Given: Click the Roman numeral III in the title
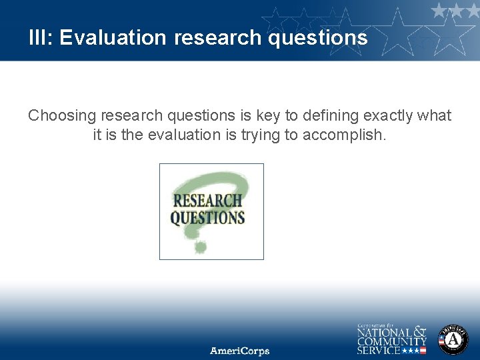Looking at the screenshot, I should click(38, 37).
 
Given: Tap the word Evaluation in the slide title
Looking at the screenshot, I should click(113, 37).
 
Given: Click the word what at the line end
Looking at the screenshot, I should click(434, 116).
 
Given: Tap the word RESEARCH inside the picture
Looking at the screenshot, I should click(208, 200).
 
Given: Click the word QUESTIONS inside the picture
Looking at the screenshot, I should click(207, 217).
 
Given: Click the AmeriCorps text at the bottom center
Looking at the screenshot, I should click(240, 351).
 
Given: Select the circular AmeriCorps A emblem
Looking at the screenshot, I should click(453, 339).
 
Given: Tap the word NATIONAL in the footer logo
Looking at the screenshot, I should click(385, 331).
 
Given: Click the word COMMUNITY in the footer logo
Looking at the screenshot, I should click(392, 341).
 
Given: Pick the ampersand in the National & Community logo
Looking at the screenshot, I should click(419, 331).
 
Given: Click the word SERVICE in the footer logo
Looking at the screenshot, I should click(378, 350).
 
